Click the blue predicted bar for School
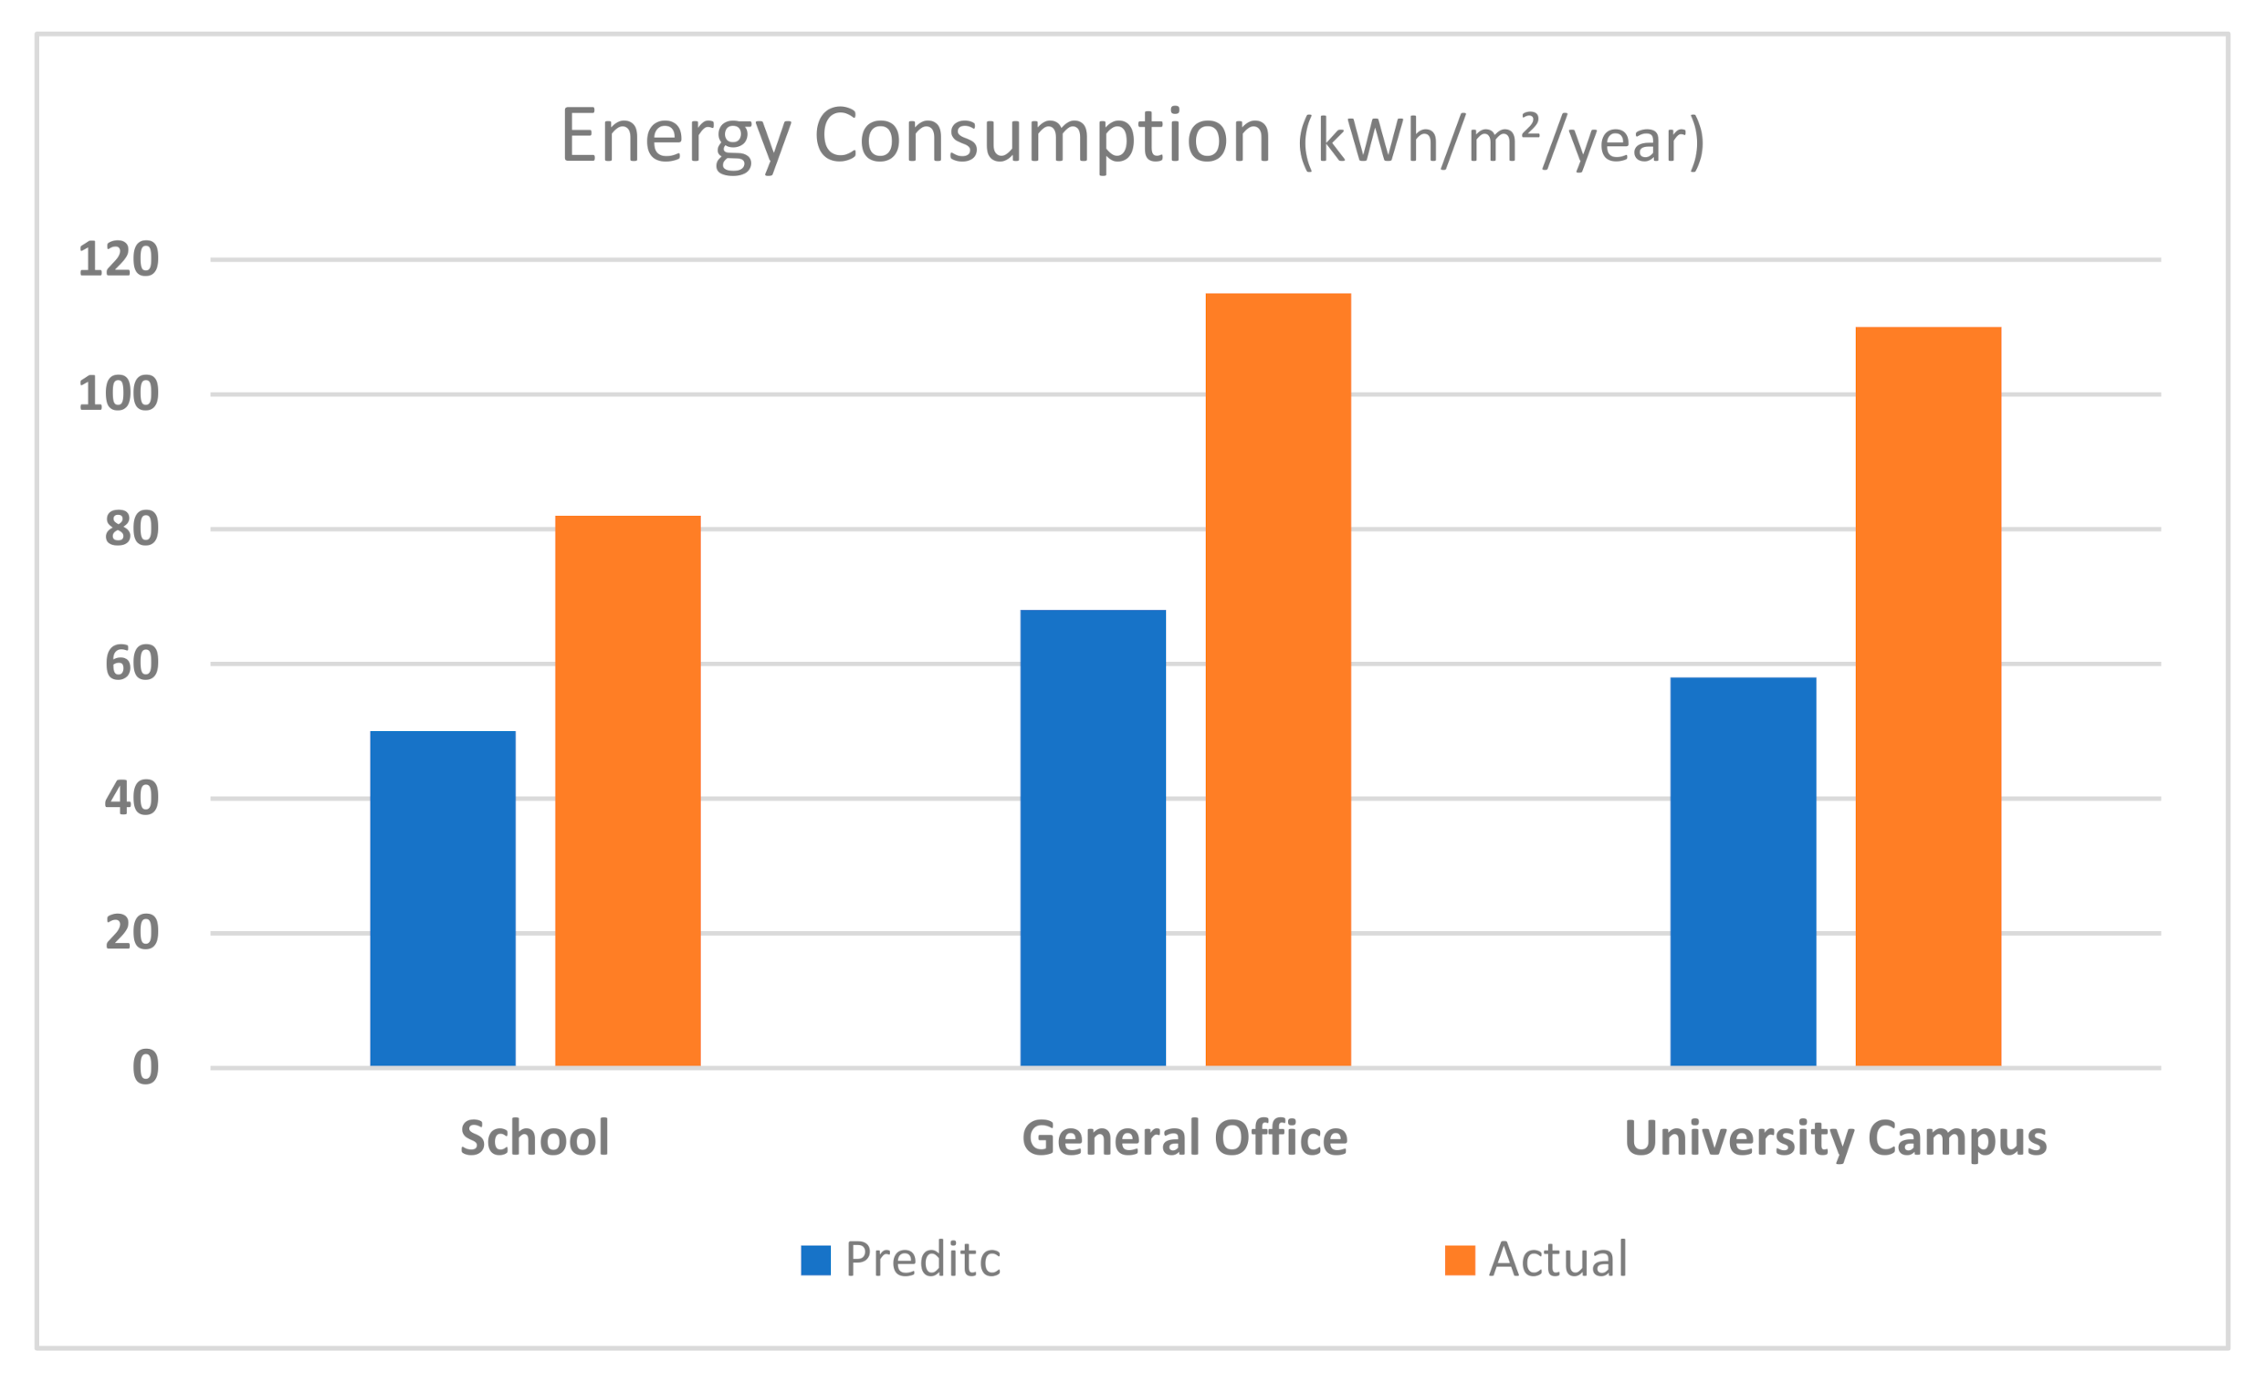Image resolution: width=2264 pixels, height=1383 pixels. (443, 898)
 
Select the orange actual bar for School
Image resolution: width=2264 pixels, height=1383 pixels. (627, 791)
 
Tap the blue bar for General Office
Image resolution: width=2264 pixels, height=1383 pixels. (1093, 838)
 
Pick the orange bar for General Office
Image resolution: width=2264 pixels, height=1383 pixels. (1278, 680)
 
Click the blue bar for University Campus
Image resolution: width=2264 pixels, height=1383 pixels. (1743, 872)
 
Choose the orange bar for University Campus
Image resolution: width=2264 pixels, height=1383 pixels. (1929, 697)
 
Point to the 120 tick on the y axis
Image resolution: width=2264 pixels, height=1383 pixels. (119, 259)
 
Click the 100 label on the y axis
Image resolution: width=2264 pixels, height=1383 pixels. (119, 394)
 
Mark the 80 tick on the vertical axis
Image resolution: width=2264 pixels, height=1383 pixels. (131, 529)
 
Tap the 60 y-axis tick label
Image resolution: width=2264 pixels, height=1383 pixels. (131, 664)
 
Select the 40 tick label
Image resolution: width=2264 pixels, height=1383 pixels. (131, 799)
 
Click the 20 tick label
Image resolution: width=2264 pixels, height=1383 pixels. (131, 933)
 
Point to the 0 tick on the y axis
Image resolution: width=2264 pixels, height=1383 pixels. (145, 1068)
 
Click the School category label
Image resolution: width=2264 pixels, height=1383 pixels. (535, 1137)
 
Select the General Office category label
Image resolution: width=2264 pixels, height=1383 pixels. (1184, 1137)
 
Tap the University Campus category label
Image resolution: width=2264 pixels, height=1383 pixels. (1836, 1137)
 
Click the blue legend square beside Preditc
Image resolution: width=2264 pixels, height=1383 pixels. (815, 1260)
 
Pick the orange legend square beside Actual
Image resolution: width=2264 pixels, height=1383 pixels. (1459, 1260)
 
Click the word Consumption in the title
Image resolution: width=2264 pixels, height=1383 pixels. (1042, 136)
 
